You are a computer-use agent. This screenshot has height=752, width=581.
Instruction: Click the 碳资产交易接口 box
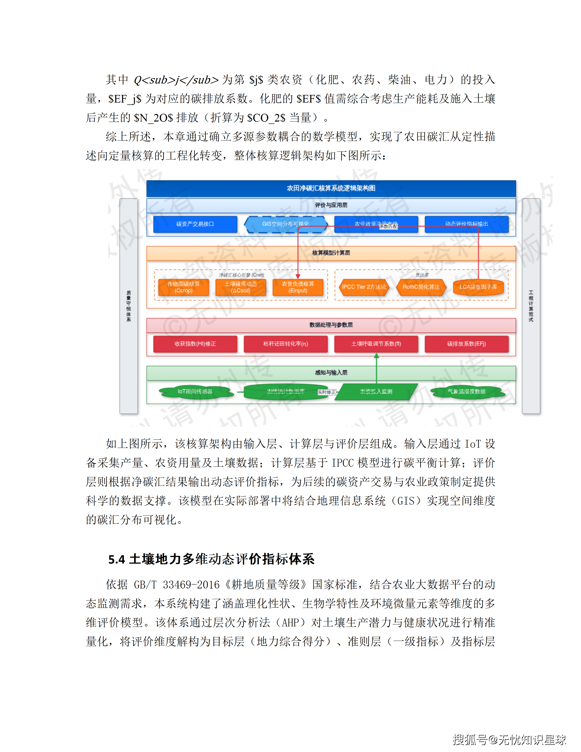[195, 224]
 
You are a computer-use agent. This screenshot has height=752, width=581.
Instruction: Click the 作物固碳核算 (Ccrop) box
[183, 287]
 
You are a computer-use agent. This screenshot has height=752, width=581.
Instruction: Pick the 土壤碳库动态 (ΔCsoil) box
[241, 287]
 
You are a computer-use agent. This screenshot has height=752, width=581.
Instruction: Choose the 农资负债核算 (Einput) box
[298, 287]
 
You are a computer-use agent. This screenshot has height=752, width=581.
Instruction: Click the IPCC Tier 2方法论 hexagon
[364, 287]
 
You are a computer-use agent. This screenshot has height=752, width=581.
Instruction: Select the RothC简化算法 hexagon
[421, 287]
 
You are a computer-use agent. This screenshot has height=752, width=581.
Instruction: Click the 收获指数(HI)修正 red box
[195, 344]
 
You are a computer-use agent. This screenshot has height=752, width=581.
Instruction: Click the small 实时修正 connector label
[326, 392]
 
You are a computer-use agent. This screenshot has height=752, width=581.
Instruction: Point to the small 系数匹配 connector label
[388, 226]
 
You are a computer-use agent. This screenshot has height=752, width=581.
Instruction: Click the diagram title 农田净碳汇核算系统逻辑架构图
[331, 188]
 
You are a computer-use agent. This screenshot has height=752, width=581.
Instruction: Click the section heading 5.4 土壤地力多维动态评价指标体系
[211, 559]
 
